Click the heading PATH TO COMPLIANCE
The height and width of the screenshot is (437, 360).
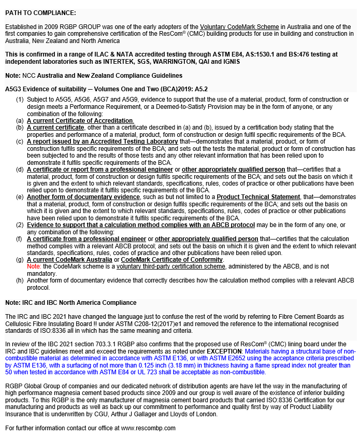pos(40,13)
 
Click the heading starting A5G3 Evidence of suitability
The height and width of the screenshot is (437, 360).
pos(106,89)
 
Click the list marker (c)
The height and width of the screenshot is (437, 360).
pos(20,142)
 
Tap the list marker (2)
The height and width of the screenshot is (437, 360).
pos(20,224)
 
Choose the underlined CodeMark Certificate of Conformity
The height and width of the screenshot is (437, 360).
pos(172,260)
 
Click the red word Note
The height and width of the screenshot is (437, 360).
pos(33,266)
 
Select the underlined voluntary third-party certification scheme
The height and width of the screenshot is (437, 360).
pos(171,266)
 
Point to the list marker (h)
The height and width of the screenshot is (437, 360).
pos(20,280)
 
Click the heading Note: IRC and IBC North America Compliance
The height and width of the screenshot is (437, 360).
pos(71,303)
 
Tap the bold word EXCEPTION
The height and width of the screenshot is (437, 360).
pos(224,351)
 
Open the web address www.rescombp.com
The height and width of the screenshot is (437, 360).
pos(148,428)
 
